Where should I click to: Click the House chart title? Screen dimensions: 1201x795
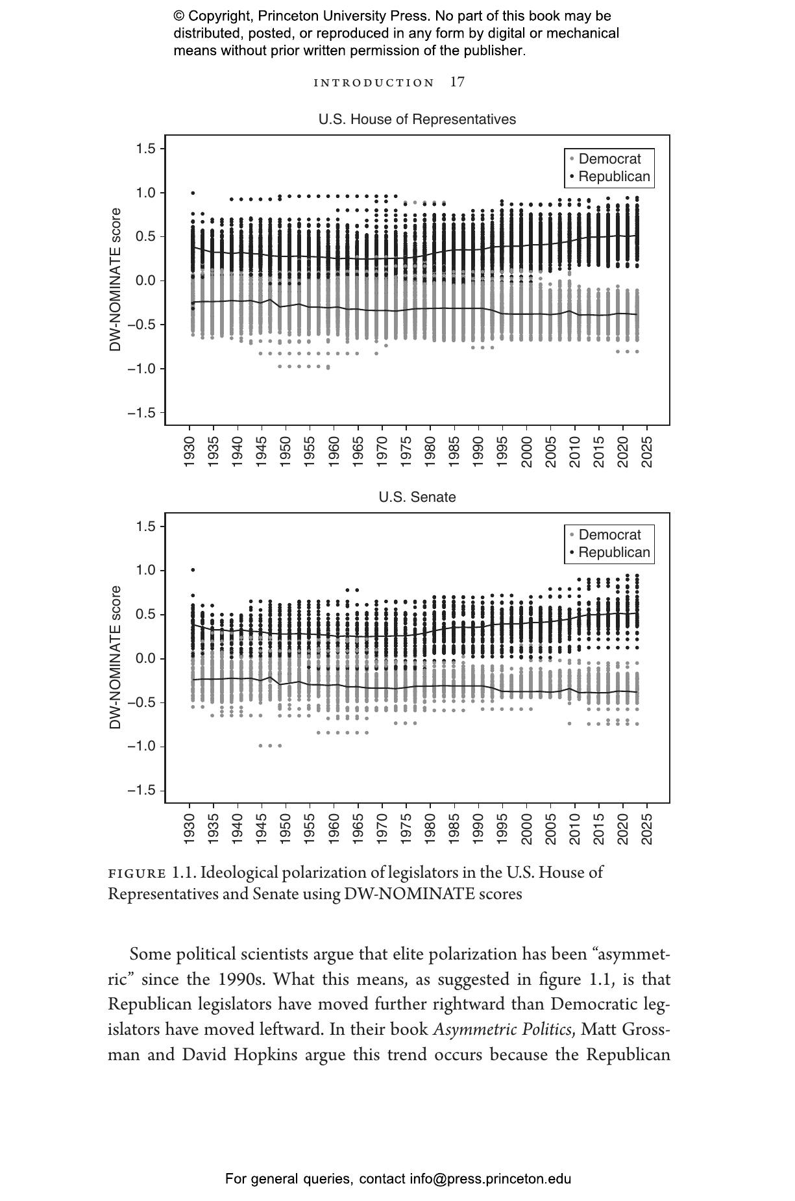coord(417,119)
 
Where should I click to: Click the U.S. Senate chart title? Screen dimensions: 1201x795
coord(417,497)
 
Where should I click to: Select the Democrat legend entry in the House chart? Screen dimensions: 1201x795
coord(609,159)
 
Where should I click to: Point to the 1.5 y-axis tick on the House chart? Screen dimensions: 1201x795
coord(146,149)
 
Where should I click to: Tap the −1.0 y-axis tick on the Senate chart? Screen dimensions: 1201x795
coord(141,747)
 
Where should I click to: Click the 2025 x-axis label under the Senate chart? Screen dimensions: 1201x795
coord(647,829)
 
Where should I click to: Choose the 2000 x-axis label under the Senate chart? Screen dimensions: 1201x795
coord(526,829)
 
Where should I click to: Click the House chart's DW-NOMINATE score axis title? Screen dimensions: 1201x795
coord(116,280)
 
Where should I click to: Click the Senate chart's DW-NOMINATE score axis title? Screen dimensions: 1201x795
coord(116,658)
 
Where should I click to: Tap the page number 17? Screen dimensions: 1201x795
coord(458,82)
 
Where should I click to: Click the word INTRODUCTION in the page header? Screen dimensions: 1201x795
coord(374,83)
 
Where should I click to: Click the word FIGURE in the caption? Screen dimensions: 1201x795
coord(137,873)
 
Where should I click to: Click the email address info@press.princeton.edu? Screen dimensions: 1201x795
coord(490,1179)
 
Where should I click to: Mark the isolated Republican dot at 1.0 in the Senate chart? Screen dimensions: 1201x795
coord(193,570)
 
